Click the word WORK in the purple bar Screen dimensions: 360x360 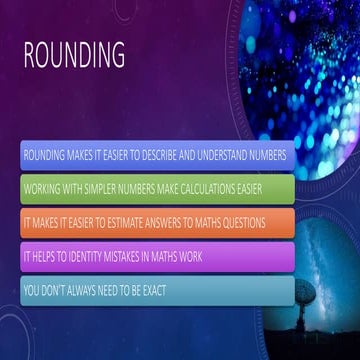click(x=190, y=257)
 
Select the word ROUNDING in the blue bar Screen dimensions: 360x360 click(x=42, y=157)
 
